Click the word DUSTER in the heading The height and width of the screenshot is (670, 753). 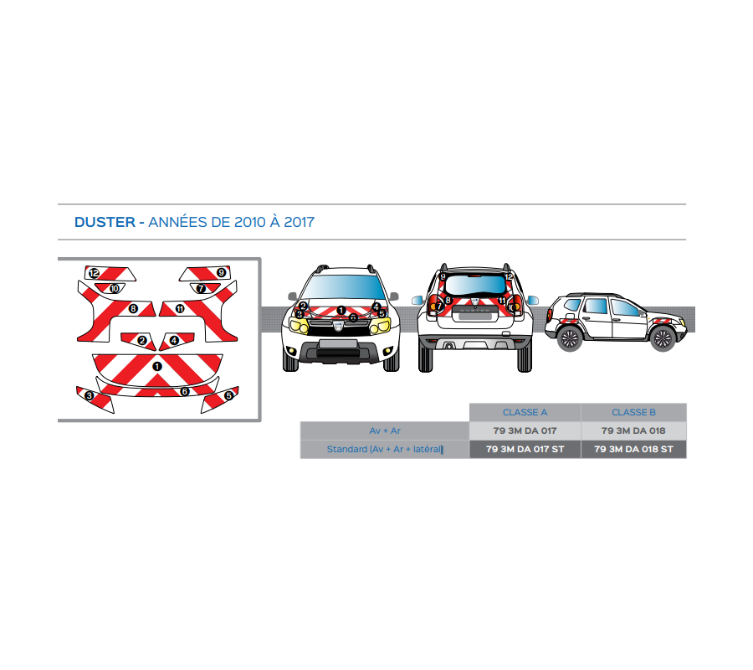pyautogui.click(x=105, y=222)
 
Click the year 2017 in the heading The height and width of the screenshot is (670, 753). pyautogui.click(x=299, y=222)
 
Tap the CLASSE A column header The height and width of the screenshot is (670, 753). pyautogui.click(x=525, y=412)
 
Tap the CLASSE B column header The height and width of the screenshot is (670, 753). pyautogui.click(x=633, y=412)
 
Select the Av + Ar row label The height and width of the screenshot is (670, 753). pyautogui.click(x=385, y=430)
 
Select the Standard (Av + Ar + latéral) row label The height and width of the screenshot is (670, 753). pyautogui.click(x=385, y=450)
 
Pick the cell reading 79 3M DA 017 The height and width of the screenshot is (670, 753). pyautogui.click(x=525, y=430)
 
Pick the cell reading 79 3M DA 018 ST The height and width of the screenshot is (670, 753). pyautogui.click(x=633, y=450)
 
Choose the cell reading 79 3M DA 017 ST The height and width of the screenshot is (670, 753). pyautogui.click(x=525, y=450)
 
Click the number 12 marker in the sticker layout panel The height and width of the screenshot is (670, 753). pyautogui.click(x=94, y=273)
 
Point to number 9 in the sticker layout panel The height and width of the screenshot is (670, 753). pyautogui.click(x=221, y=273)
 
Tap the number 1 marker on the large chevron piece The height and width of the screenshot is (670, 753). pyautogui.click(x=156, y=367)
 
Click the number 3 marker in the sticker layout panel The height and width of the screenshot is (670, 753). pyautogui.click(x=89, y=395)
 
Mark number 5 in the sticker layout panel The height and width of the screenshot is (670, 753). pyautogui.click(x=228, y=395)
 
